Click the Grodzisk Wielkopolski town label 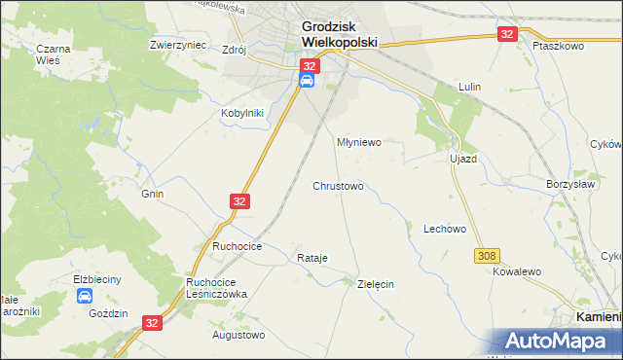[332, 36]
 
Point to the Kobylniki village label [241, 112]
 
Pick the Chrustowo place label [338, 186]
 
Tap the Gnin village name [152, 194]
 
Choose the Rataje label [311, 258]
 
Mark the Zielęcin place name [376, 284]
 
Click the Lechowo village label [445, 230]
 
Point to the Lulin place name [470, 87]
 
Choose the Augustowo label [238, 336]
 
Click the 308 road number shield [488, 255]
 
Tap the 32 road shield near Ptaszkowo [507, 34]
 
